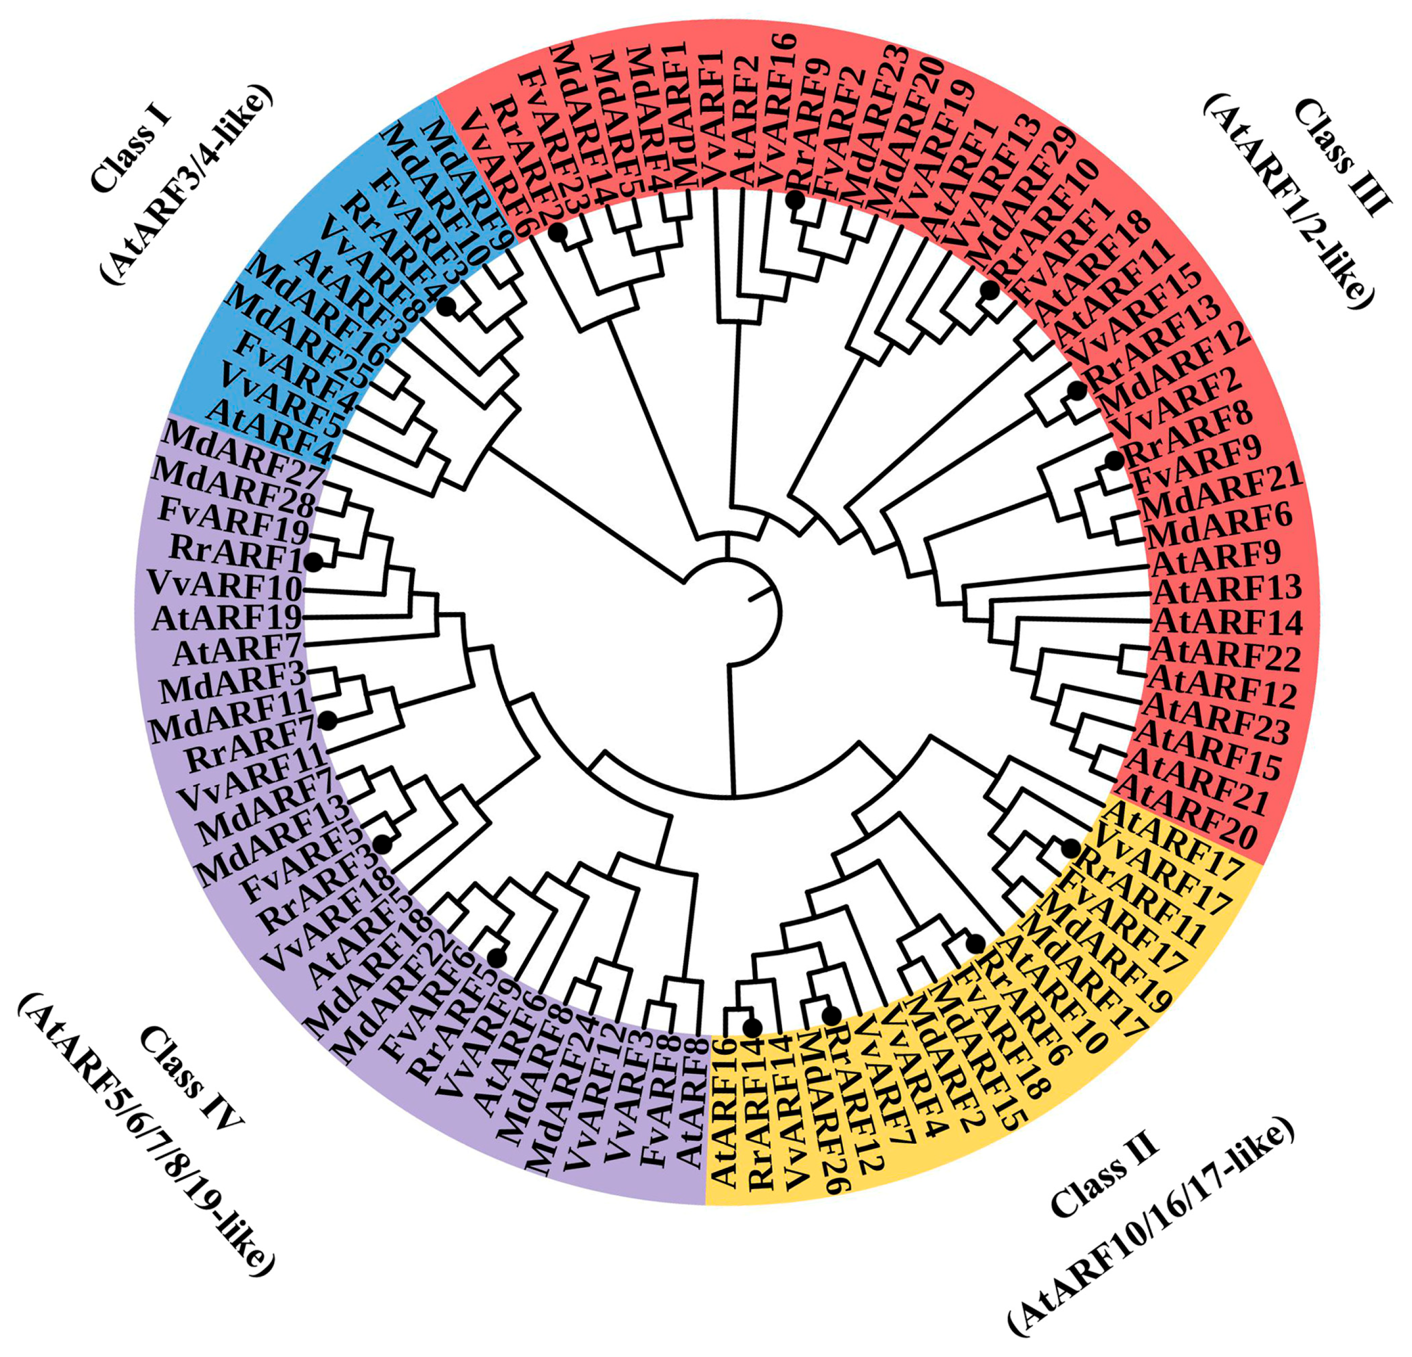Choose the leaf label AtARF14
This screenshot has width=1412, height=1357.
[1228, 622]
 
